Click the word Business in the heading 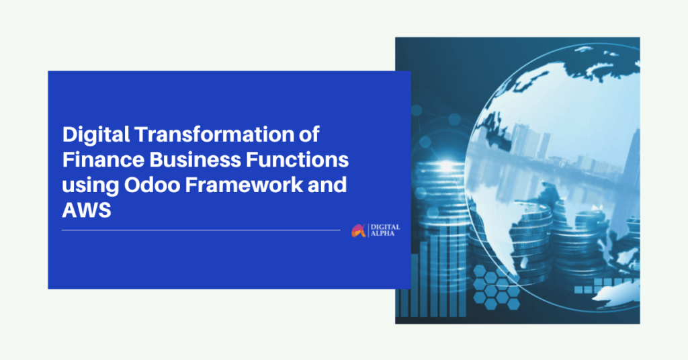pyautogui.click(x=196, y=160)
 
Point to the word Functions pyautogui.click(x=298, y=160)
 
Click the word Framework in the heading pyautogui.click(x=244, y=185)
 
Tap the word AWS pyautogui.click(x=87, y=210)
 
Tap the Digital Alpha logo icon pyautogui.click(x=359, y=230)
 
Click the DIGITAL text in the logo pyautogui.click(x=385, y=227)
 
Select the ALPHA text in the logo pyautogui.click(x=382, y=234)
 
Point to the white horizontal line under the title pyautogui.click(x=201, y=230)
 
